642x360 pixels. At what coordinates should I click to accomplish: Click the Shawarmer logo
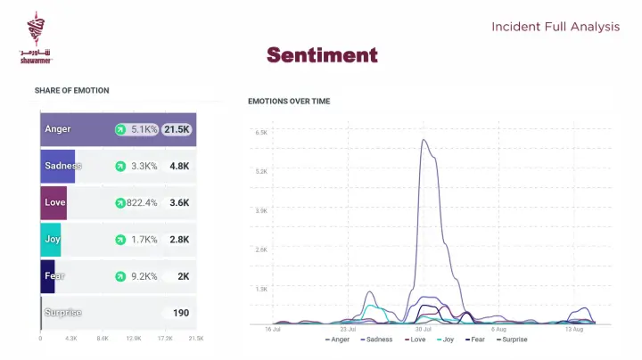pos(36,38)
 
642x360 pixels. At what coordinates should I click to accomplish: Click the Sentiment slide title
pos(322,55)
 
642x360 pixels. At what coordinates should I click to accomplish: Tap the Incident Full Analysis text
pos(555,27)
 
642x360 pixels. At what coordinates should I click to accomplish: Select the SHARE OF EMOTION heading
pos(72,90)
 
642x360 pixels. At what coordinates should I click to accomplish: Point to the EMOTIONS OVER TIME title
pos(289,102)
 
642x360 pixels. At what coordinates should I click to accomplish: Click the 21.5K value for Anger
pos(177,129)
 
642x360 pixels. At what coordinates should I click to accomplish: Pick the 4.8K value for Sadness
pos(179,166)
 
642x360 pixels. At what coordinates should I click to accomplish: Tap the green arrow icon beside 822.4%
pos(119,203)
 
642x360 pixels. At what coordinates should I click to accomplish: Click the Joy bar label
pos(53,239)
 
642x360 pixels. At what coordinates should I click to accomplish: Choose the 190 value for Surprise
pos(181,313)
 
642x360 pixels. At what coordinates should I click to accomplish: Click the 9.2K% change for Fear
pos(144,276)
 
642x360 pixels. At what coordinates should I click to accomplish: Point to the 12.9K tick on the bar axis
pos(134,339)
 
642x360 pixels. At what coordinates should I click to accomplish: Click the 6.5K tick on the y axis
pos(261,132)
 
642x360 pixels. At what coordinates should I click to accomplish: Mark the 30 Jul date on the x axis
pos(424,330)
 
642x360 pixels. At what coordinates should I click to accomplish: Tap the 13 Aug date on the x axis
pos(574,330)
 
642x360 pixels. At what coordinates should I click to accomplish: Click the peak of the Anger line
pos(424,140)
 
